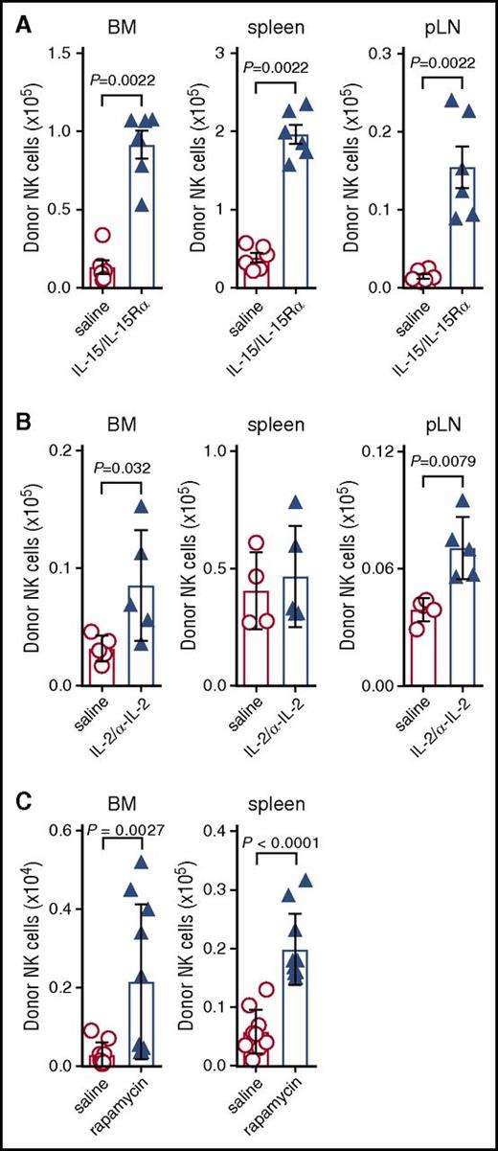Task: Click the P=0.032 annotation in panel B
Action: (122, 468)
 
